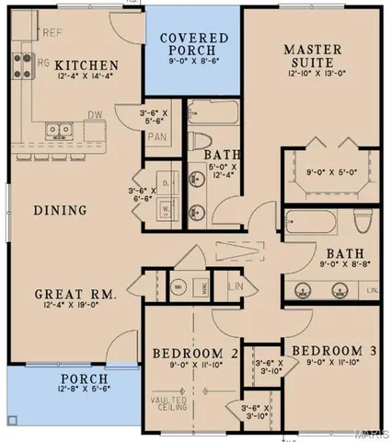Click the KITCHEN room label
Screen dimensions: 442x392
click(86, 65)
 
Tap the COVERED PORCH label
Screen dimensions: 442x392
click(187, 43)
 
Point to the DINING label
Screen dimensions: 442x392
click(61, 211)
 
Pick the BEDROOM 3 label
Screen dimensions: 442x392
click(322, 351)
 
